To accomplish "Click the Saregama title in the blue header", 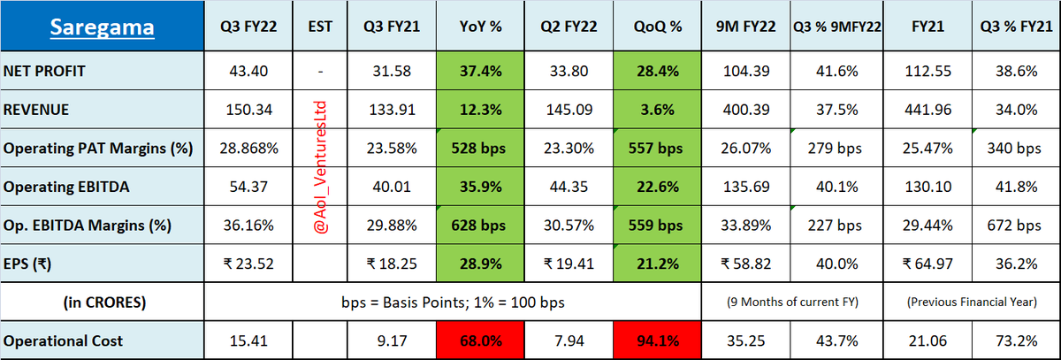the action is (102, 27).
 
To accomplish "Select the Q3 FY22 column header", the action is (248, 27).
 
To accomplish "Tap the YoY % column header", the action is (480, 27).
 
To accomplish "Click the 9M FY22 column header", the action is (745, 27).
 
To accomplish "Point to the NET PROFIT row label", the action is (44, 71).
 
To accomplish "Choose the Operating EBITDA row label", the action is (65, 187).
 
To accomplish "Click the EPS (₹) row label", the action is (27, 264).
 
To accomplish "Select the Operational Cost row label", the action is (63, 341).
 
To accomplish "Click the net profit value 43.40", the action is (248, 71).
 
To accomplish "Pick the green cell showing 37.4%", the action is (480, 71).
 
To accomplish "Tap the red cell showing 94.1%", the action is (658, 341).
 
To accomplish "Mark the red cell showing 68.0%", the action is (480, 341).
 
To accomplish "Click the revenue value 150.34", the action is (248, 110).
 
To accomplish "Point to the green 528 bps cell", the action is (480, 148).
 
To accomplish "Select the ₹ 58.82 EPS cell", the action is (745, 264).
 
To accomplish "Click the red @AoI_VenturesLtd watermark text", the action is (321, 167).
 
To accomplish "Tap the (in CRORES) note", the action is (104, 303).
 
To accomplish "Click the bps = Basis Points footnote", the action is (453, 303).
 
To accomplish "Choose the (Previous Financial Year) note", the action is (972, 303).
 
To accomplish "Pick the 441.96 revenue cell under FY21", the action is (927, 110).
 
